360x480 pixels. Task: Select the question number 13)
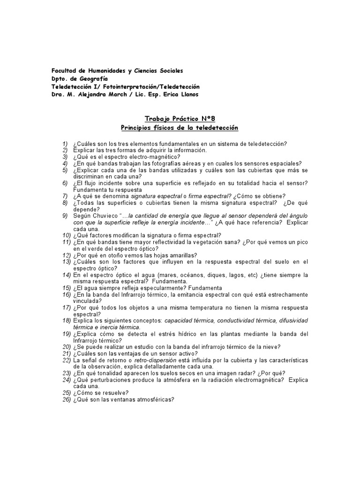point(66,262)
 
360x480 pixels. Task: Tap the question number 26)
point(66,399)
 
